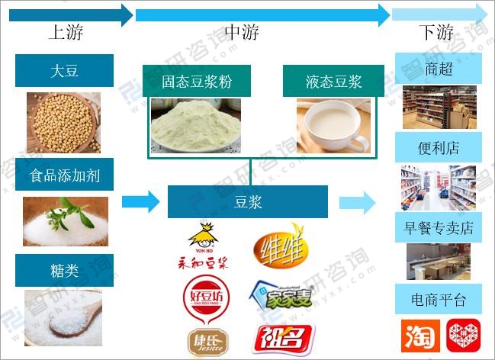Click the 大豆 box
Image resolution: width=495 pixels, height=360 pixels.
(64, 71)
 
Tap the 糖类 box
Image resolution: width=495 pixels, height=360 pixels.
(64, 269)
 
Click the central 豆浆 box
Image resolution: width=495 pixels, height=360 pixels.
(247, 203)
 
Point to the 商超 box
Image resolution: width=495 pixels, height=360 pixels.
(438, 69)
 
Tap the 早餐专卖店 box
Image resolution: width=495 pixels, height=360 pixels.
(438, 227)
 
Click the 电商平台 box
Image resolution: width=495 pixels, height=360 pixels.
(438, 298)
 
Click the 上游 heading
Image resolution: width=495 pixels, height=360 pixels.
(66, 32)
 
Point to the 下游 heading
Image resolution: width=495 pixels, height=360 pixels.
(436, 32)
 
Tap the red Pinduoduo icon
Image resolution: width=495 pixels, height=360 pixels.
(460, 336)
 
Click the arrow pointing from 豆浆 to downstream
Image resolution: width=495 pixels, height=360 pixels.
(357, 203)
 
